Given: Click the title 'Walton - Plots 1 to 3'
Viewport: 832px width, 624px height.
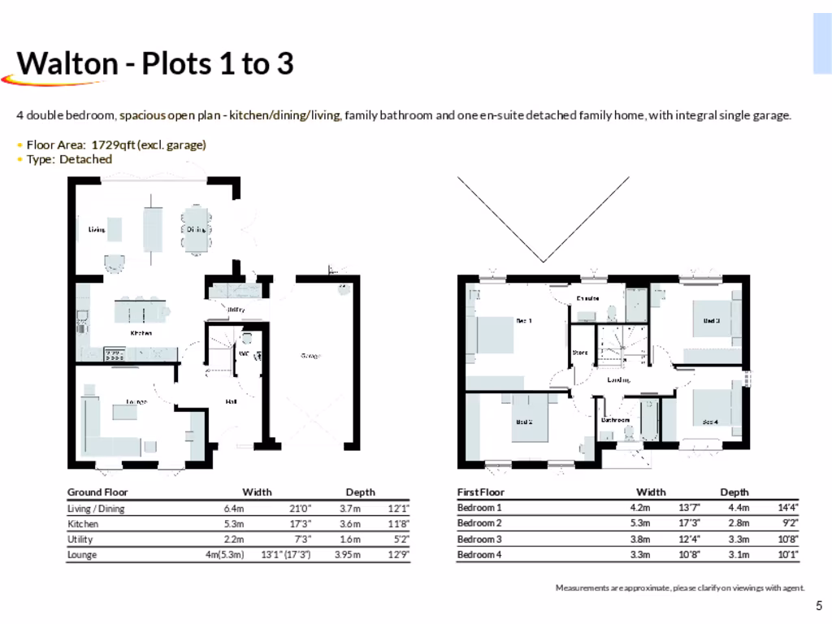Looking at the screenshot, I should click(x=155, y=63).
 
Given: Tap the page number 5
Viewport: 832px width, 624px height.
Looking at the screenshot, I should click(x=819, y=605).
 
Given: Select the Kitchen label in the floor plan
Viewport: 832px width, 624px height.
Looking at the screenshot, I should click(x=141, y=333).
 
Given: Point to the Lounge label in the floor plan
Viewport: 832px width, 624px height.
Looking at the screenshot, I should click(x=136, y=401).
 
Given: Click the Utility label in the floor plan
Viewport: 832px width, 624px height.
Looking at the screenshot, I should click(x=236, y=310).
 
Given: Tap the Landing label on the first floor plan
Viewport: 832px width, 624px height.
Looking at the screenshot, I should click(x=619, y=379).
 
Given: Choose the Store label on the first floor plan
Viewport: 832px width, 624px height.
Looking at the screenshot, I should click(x=579, y=353).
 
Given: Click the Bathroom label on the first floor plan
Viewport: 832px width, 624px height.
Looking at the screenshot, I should click(x=615, y=420).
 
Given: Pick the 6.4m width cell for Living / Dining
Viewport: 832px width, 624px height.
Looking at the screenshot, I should click(x=234, y=509).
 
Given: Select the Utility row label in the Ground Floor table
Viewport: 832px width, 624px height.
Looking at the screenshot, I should click(x=80, y=539).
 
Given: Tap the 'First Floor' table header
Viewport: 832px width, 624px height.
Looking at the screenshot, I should click(x=481, y=492).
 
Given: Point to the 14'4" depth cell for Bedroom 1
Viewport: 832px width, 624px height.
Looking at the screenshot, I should click(x=787, y=508).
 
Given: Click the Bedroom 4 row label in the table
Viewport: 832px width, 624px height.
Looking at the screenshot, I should click(x=479, y=554).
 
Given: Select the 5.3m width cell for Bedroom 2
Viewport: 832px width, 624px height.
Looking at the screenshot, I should click(x=640, y=523).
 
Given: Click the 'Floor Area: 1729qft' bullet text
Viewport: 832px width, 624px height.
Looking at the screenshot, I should click(x=116, y=145).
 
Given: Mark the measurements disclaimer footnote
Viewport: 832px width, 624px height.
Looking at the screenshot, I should click(x=679, y=587).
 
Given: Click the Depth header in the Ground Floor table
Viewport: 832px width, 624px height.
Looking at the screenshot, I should click(x=360, y=492).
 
